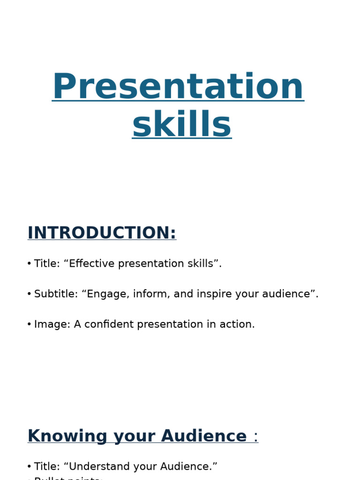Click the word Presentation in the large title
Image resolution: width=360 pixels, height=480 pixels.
coord(178,87)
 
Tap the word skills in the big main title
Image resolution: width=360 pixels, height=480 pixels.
coord(182,125)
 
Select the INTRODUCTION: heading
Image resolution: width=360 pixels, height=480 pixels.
coord(102,233)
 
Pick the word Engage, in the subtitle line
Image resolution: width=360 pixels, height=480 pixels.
coord(105,294)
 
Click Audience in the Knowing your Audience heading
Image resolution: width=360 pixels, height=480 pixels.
coord(203,436)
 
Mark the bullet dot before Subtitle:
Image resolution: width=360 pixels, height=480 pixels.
coord(29,294)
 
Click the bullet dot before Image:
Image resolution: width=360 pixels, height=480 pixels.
coord(29,325)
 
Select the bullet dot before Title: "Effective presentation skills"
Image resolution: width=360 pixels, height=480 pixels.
coord(29,264)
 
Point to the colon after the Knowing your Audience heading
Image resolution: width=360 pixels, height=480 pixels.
coord(255,437)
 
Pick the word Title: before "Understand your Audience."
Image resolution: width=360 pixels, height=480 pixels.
coord(47,466)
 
